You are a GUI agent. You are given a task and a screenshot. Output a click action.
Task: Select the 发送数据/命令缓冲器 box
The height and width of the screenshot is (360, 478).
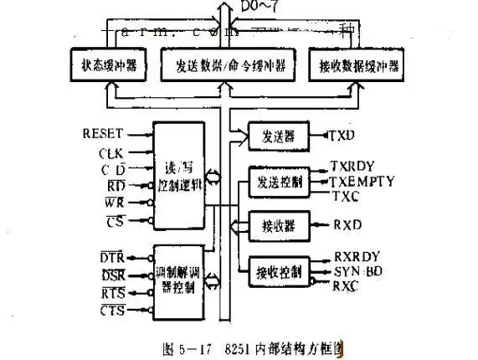(221, 65)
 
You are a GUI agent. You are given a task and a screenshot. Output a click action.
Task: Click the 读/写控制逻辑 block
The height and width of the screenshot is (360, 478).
(177, 174)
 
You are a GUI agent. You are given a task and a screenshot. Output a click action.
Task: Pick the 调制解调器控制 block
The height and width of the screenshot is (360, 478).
(177, 281)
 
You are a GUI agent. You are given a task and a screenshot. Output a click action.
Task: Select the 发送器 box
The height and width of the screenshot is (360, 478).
(273, 134)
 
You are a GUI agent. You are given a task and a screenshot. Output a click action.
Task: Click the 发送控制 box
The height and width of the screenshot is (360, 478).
(274, 181)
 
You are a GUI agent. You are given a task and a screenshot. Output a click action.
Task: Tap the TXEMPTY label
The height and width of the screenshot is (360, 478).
(362, 181)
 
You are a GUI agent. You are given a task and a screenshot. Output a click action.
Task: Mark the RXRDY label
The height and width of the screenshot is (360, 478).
(357, 257)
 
